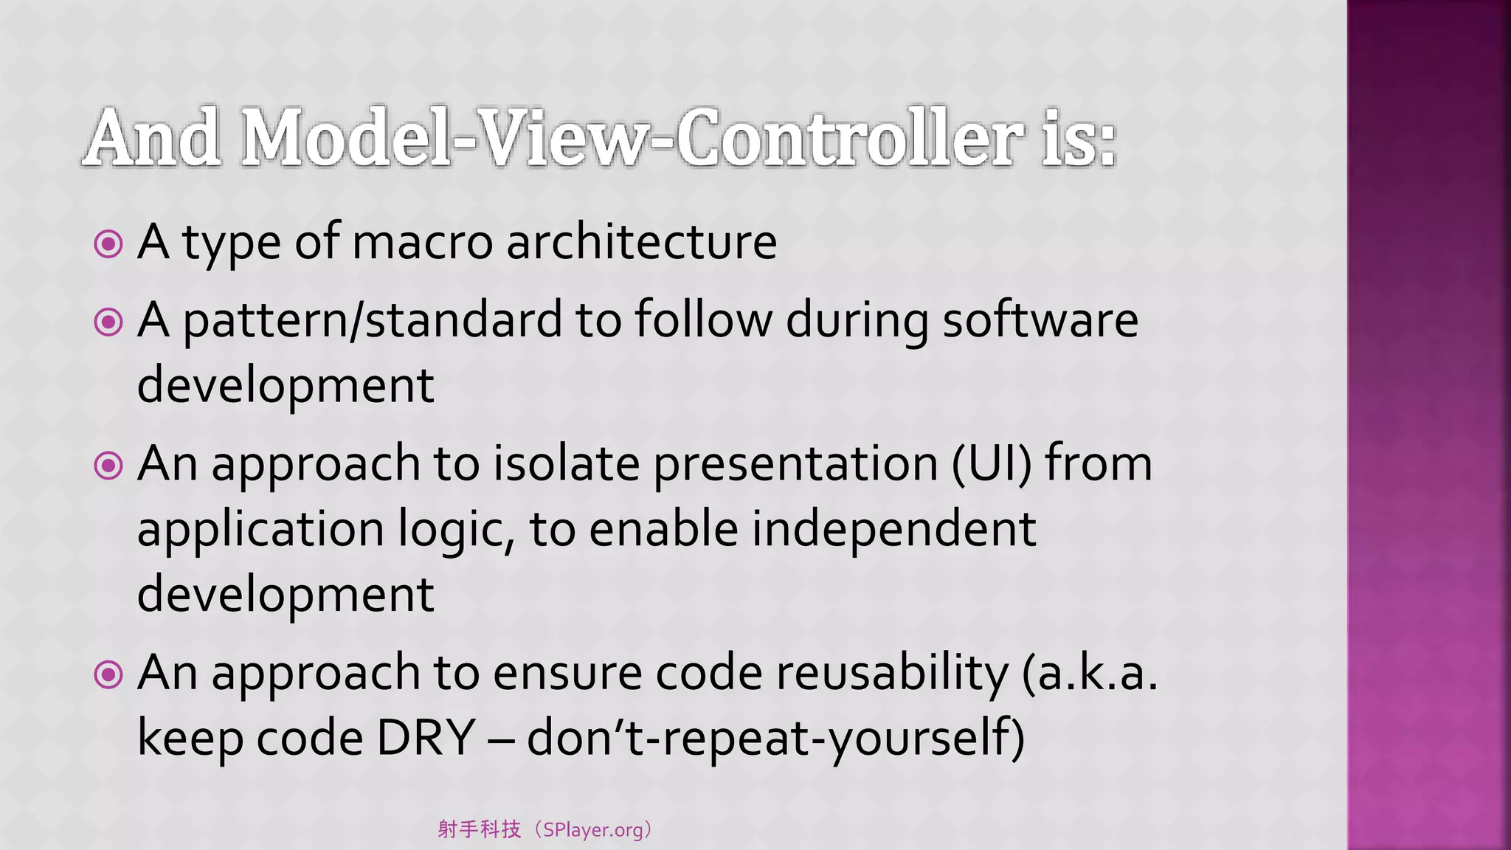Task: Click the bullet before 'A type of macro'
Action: [108, 244]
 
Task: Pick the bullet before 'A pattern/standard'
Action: [108, 322]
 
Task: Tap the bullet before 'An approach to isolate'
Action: [108, 466]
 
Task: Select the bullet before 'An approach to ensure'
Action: [108, 674]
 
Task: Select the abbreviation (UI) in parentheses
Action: [992, 465]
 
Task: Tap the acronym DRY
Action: [426, 738]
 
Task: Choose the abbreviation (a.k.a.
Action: [1090, 674]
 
